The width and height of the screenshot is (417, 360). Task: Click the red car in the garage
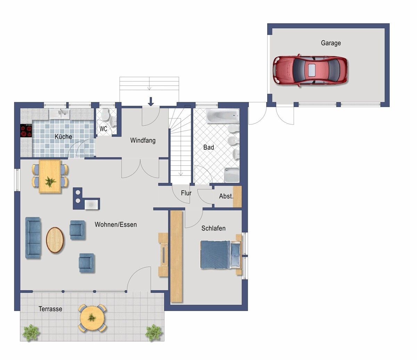coord(310,71)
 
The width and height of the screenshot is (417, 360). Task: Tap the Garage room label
coord(331,43)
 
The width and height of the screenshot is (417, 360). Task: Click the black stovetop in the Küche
coord(26,131)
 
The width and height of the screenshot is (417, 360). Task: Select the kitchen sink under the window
coord(59,114)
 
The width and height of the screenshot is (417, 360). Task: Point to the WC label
coord(103,129)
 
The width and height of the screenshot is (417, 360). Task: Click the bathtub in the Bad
coord(222,116)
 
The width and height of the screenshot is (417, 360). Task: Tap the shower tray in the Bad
coord(232,175)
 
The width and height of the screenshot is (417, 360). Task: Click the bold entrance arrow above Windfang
coord(151,101)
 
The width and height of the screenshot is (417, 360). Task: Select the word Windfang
coord(143,140)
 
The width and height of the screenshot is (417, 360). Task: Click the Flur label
coord(186,193)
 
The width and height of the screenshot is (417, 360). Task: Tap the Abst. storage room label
coord(226,196)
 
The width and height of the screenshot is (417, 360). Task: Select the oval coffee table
coord(55,240)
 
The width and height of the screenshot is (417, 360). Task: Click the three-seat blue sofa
coord(33,238)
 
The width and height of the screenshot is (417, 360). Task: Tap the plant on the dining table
coord(50,181)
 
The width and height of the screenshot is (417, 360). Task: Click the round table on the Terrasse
coord(92,319)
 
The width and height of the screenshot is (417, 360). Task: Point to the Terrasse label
coord(50,309)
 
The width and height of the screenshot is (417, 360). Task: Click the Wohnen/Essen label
coord(116,224)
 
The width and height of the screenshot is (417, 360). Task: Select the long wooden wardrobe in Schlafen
coord(176,256)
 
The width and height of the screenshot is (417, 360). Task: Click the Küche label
coord(63,137)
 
